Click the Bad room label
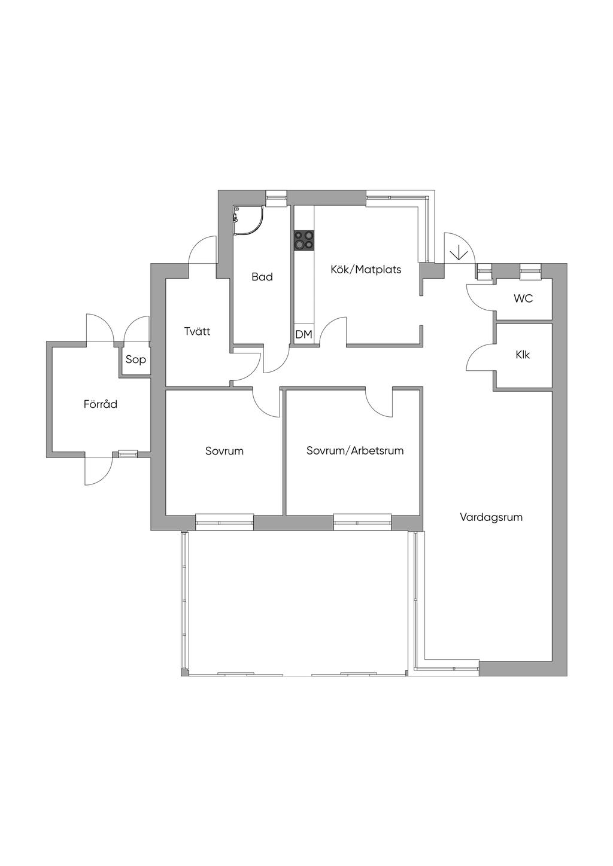262,277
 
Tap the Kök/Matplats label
366,270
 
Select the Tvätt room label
197,331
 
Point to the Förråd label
100,404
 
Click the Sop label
135,360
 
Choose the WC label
523,298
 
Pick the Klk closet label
523,355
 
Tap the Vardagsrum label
491,517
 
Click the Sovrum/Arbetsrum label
355,451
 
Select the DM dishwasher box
304,334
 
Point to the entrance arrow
459,252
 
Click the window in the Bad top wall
277,197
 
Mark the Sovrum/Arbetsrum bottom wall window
363,522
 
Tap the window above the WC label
530,271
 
